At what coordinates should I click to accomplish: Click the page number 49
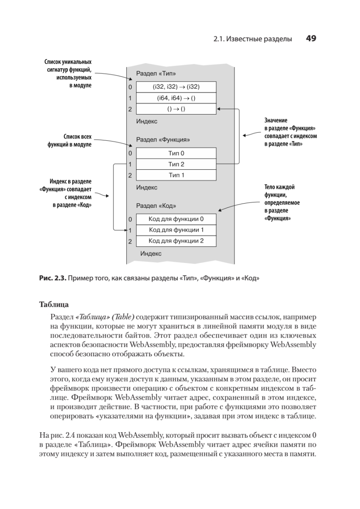tap(311, 39)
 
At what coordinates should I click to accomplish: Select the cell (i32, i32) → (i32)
tap(176, 87)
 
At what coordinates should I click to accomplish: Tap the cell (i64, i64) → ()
tap(176, 98)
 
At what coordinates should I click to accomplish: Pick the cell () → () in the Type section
tap(176, 109)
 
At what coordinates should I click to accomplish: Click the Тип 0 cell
tap(176, 153)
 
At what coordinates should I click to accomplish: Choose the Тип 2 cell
tap(176, 164)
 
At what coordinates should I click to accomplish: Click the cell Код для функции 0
tap(176, 219)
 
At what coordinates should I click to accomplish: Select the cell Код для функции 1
tap(176, 230)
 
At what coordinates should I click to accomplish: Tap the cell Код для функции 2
tap(176, 241)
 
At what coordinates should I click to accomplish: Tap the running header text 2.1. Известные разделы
tap(253, 39)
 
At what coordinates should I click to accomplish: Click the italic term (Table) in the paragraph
tap(123, 317)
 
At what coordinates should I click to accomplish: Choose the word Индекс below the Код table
tap(151, 254)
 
